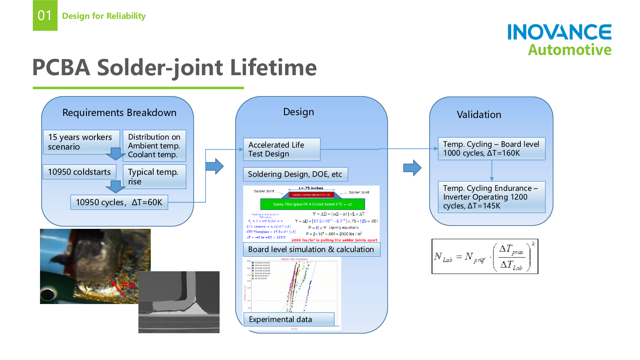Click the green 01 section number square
click(x=45, y=15)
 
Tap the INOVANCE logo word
click(x=559, y=32)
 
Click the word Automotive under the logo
click(x=570, y=50)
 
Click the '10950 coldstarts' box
click(x=79, y=172)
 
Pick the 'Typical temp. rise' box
click(x=154, y=176)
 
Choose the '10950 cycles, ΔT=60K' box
click(x=119, y=202)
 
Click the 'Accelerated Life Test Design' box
click(x=282, y=149)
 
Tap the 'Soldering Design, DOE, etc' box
click(x=295, y=174)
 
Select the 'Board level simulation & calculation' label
click(x=311, y=250)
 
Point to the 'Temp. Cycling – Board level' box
click(x=491, y=149)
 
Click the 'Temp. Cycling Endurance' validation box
click(x=491, y=197)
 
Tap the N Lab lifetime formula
click(x=485, y=256)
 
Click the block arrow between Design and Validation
click(x=412, y=168)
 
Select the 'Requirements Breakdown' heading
click(x=119, y=113)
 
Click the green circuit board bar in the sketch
click(x=312, y=204)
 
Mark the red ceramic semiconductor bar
click(x=311, y=195)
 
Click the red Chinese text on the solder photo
click(x=128, y=286)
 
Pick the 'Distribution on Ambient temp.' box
click(x=154, y=146)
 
